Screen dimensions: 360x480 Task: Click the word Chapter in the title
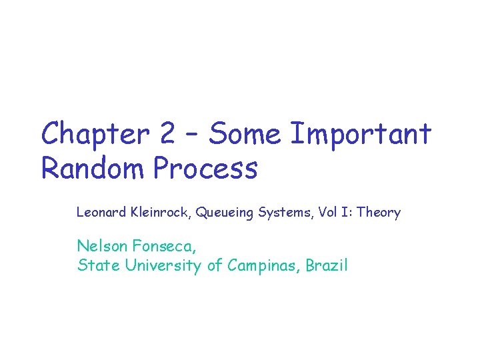[x=95, y=135]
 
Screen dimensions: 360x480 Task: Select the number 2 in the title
[x=167, y=135]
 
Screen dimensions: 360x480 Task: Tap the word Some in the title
[x=245, y=135]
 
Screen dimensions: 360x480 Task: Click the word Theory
[x=379, y=213]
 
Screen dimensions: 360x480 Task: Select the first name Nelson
[x=99, y=246]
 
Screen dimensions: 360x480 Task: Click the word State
[x=96, y=265]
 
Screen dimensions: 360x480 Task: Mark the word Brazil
[x=327, y=265]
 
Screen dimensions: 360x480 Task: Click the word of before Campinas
[x=214, y=265]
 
